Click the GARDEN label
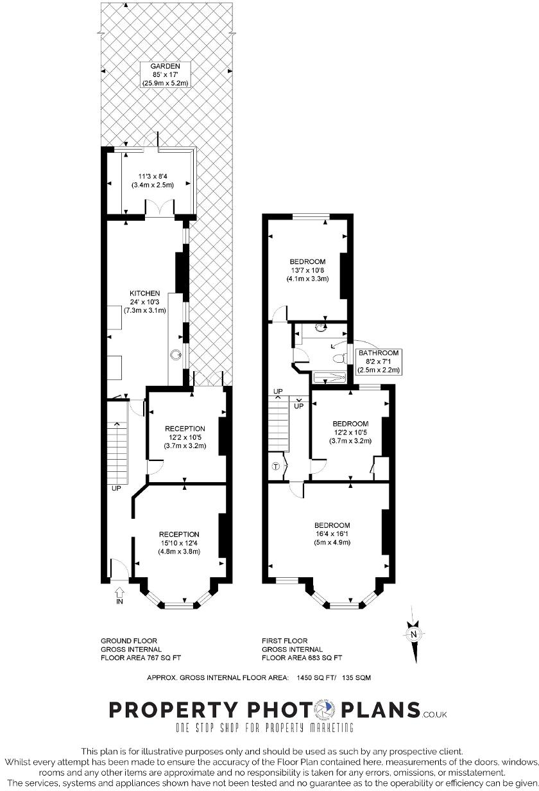[165, 66]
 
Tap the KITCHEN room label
[144, 293]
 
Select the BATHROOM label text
[379, 352]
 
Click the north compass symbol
[414, 634]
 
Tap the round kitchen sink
[175, 354]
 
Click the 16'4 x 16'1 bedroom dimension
[332, 534]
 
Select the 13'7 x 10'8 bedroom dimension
[307, 270]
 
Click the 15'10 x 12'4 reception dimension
[179, 543]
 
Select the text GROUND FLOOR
[129, 641]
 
